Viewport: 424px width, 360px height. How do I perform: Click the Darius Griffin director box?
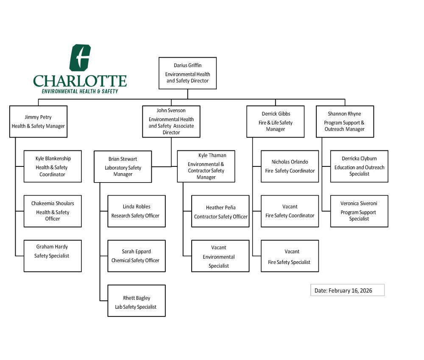pyautogui.click(x=187, y=73)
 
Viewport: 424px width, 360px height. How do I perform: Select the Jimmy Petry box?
pyautogui.click(x=38, y=121)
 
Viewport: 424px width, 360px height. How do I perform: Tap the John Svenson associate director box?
pyautogui.click(x=171, y=122)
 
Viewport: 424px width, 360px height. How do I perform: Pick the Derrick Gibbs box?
pyautogui.click(x=275, y=121)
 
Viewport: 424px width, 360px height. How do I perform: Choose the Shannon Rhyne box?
pyautogui.click(x=345, y=121)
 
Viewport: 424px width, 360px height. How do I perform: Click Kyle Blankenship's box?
pyautogui.click(x=53, y=166)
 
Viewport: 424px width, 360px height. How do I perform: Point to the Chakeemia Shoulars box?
pyautogui.click(x=53, y=211)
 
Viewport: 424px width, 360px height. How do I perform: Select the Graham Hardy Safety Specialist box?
pyautogui.click(x=53, y=256)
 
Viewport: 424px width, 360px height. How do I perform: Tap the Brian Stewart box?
pyautogui.click(x=123, y=166)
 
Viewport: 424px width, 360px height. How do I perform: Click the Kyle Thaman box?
pyautogui.click(x=206, y=166)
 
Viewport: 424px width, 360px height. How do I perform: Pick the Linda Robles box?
pyautogui.click(x=136, y=211)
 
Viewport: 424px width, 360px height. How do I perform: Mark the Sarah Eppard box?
pyautogui.click(x=136, y=256)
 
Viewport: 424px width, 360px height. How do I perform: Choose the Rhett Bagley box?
pyautogui.click(x=136, y=301)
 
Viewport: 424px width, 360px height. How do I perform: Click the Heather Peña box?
pyautogui.click(x=220, y=211)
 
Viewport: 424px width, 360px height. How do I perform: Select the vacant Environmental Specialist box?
pyautogui.click(x=220, y=256)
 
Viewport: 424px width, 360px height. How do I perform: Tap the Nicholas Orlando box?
pyautogui.click(x=290, y=166)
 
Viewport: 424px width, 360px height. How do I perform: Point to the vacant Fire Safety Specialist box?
pyautogui.click(x=290, y=256)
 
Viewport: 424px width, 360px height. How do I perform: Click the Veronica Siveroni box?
pyautogui.click(x=359, y=211)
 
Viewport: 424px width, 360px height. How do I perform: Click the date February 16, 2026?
pyautogui.click(x=347, y=290)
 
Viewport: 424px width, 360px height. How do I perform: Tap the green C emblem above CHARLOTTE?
pyautogui.click(x=80, y=58)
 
